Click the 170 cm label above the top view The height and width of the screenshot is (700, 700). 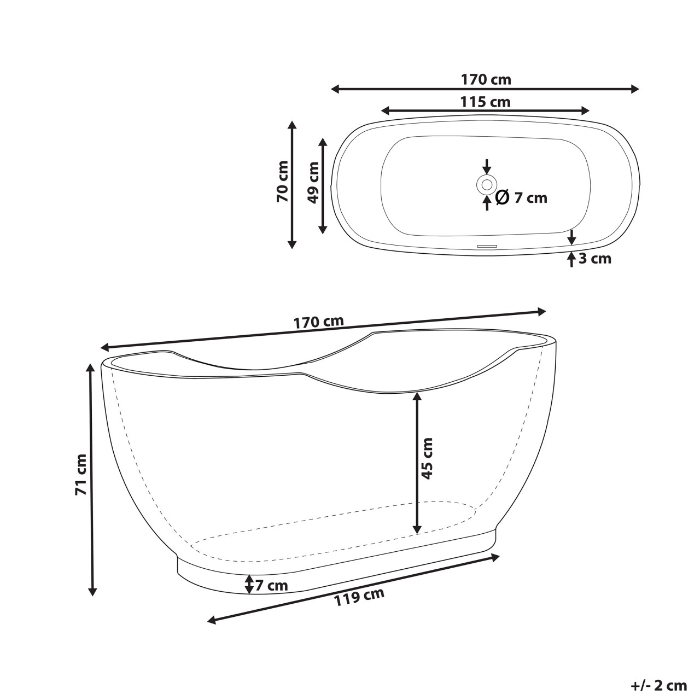point(486,80)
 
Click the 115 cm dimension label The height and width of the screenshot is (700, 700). point(486,102)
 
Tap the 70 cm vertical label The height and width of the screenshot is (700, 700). point(282,181)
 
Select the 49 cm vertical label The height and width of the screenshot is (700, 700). point(313,182)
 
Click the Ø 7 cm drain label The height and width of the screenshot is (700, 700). point(521,197)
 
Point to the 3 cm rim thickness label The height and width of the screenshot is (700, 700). point(595,259)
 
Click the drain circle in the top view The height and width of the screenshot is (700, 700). point(486,184)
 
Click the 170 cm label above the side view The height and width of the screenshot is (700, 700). point(319,322)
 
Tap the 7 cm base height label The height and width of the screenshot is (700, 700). point(271,586)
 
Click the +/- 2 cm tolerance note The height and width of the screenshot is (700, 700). point(658,685)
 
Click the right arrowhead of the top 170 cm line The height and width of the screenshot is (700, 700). point(635,89)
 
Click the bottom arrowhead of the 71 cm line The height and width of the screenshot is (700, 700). point(92,591)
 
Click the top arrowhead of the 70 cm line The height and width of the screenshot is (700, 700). point(292,125)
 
